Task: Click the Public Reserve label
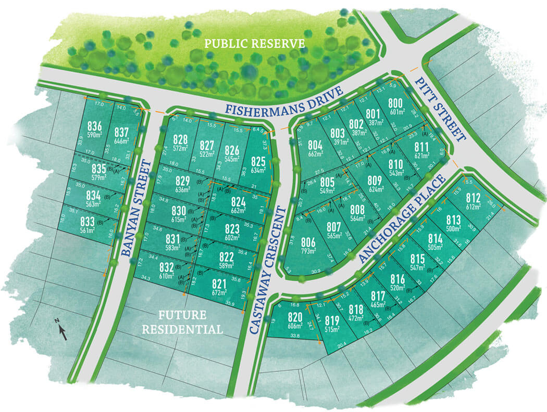[254, 43]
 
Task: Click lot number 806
[308, 243]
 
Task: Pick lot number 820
[294, 318]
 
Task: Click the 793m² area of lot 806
[308, 251]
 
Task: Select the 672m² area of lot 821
[219, 292]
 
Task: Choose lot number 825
[258, 161]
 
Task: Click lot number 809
[375, 182]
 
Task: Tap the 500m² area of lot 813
[453, 228]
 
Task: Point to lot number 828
[180, 139]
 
